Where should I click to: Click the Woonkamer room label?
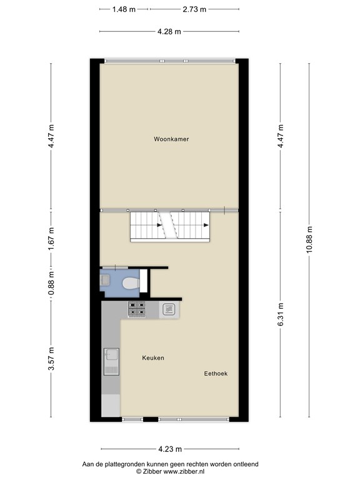pos(171,139)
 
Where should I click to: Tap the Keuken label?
pos(153,358)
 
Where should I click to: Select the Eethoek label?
pos(216,374)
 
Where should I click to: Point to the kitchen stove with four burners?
pos(137,308)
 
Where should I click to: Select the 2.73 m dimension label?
pos(195,9)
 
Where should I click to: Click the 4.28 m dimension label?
pos(169,32)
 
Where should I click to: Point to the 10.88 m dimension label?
pos(308,239)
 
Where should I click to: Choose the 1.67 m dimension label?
pos(52,239)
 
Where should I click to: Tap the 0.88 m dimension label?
pos(52,284)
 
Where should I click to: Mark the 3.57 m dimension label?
pos(52,358)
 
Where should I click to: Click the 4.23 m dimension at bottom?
pos(169,449)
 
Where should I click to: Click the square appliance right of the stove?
pos(169,308)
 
